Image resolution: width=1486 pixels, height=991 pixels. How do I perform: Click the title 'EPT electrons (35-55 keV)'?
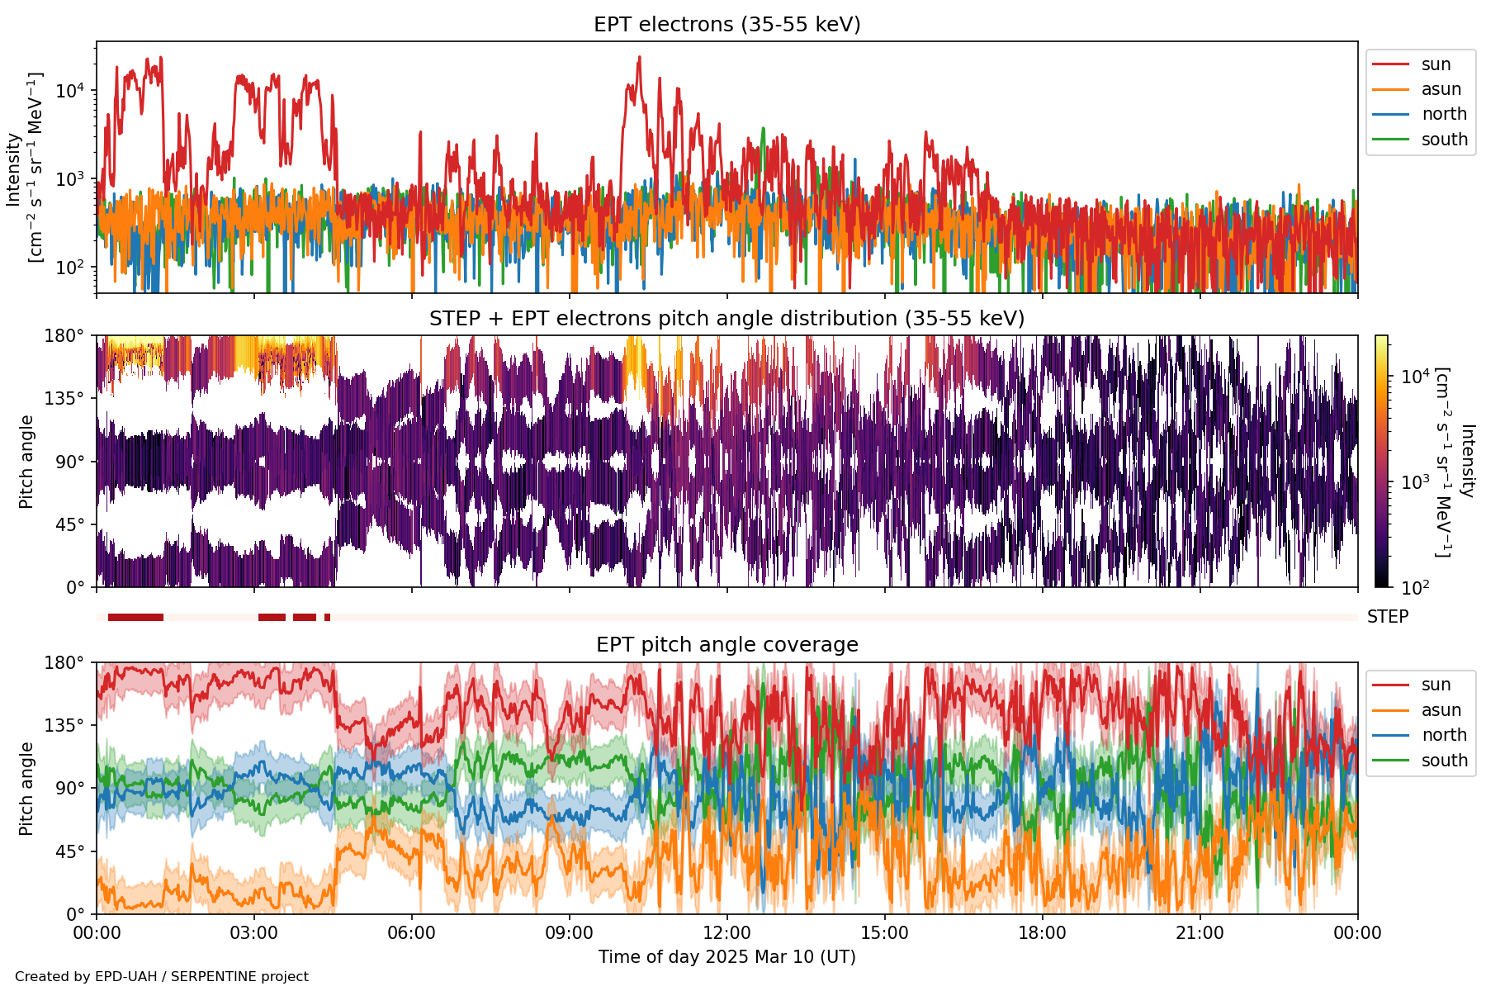pyautogui.click(x=726, y=25)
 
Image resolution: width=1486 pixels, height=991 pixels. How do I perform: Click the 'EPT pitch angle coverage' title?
pyautogui.click(x=726, y=645)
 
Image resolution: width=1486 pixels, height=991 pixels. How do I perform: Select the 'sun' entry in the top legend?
pyautogui.click(x=1436, y=64)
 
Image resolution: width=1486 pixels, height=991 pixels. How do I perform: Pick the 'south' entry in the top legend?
pyautogui.click(x=1444, y=140)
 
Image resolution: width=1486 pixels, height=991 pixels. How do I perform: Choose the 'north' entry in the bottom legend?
pyautogui.click(x=1444, y=735)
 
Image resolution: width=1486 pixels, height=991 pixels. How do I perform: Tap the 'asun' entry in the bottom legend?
pyautogui.click(x=1441, y=710)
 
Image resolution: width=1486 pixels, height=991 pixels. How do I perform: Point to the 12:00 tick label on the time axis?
pyautogui.click(x=726, y=933)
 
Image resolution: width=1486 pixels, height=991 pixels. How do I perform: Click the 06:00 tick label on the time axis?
pyautogui.click(x=411, y=933)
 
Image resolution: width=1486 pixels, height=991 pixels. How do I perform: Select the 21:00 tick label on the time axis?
pyautogui.click(x=1200, y=933)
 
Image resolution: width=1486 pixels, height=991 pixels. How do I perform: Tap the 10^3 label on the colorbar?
pyautogui.click(x=1415, y=482)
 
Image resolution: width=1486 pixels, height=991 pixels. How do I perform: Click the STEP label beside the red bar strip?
pyautogui.click(x=1387, y=617)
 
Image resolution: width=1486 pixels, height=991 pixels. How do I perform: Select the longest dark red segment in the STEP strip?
pyautogui.click(x=135, y=617)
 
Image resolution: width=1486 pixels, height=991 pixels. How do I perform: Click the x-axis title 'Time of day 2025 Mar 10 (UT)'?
pyautogui.click(x=726, y=957)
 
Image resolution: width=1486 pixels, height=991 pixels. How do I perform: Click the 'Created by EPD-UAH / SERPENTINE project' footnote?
pyautogui.click(x=162, y=977)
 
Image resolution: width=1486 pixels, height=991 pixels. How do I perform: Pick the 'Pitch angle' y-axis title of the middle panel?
pyautogui.click(x=26, y=462)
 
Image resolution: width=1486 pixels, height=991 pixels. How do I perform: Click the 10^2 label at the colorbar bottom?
pyautogui.click(x=1415, y=587)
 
